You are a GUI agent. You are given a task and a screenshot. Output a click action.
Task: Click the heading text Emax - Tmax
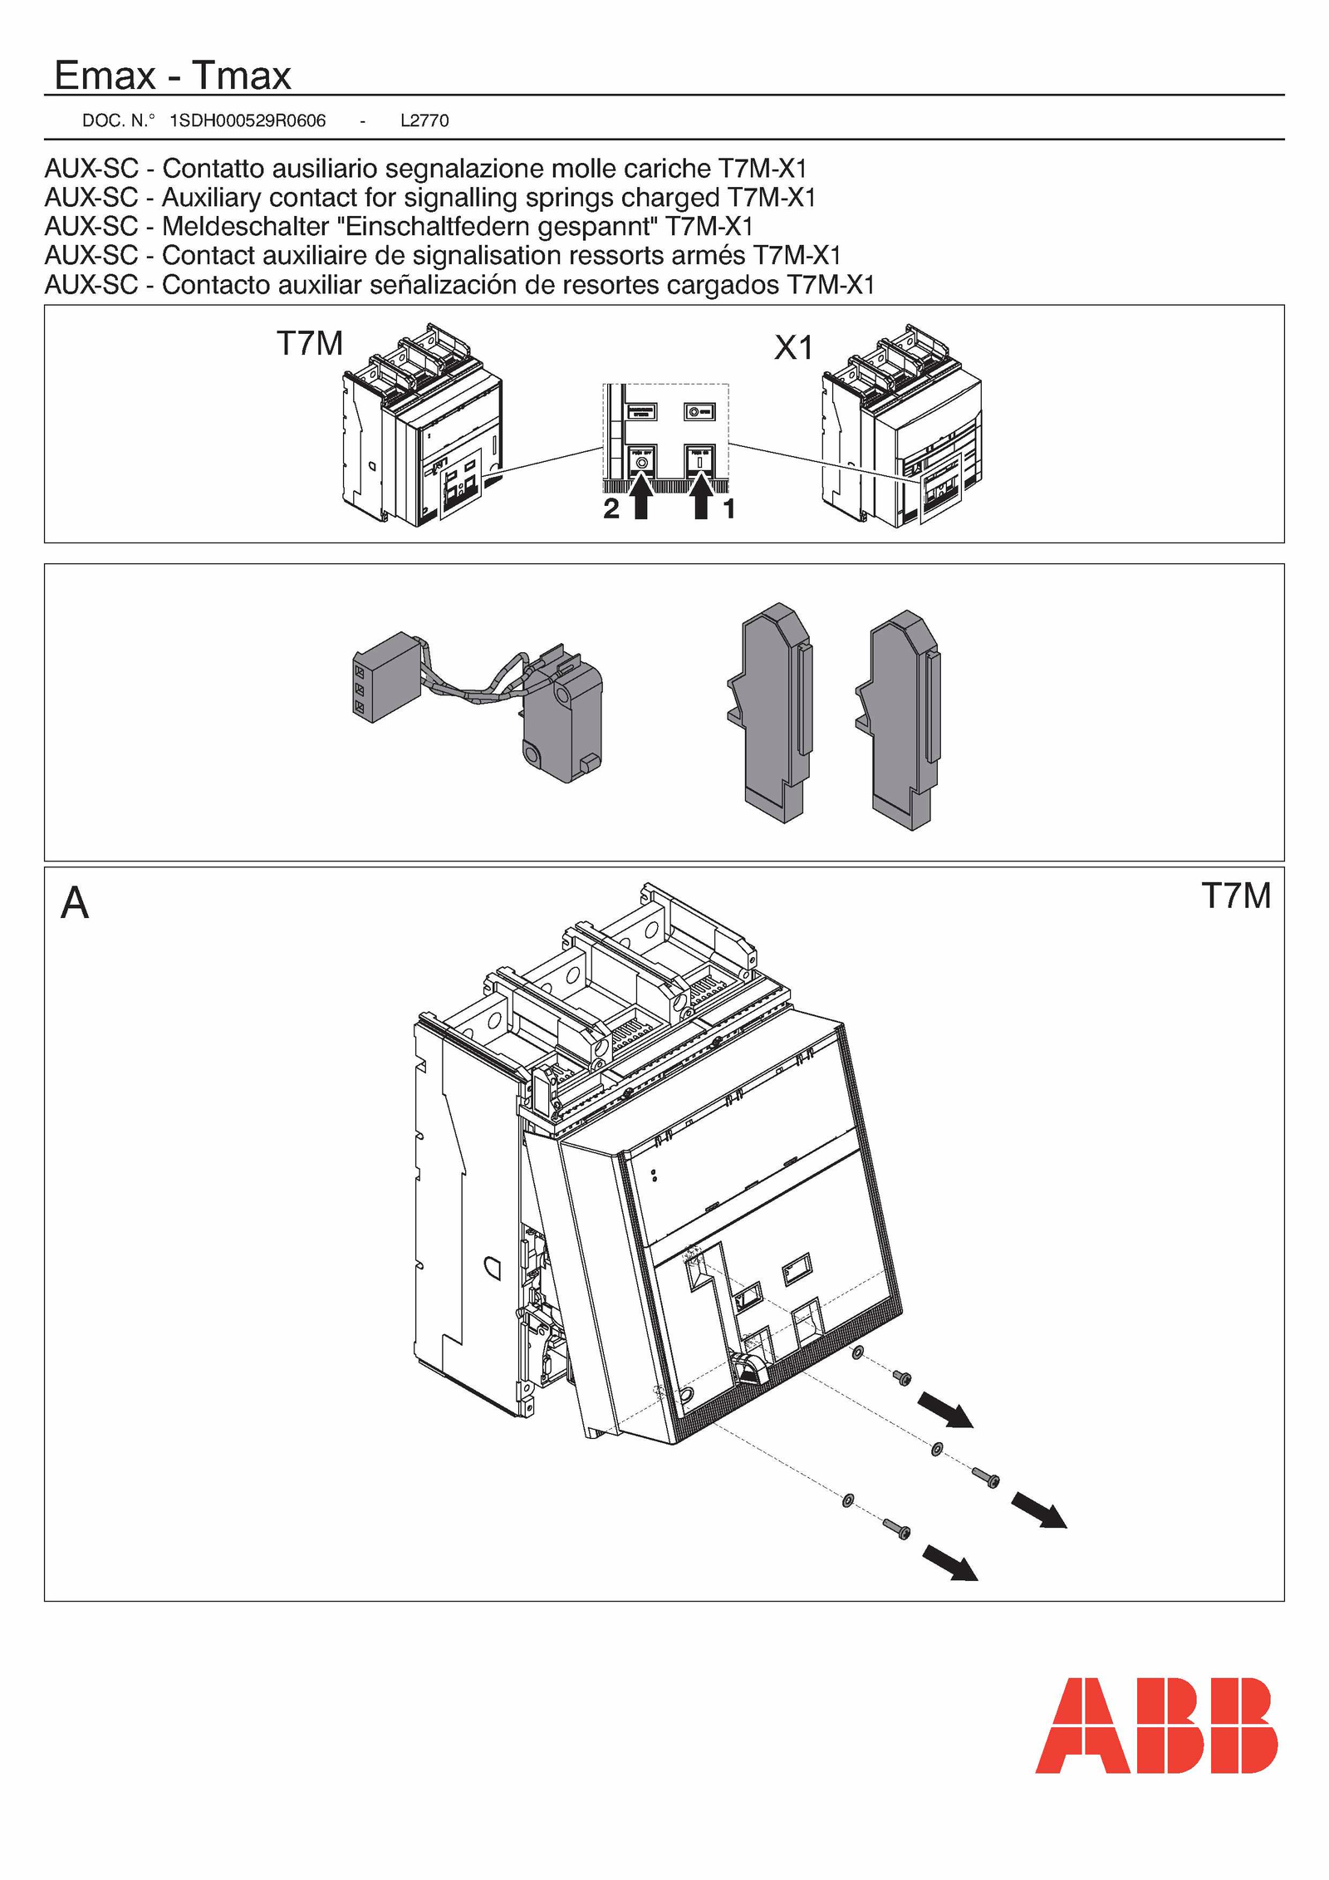172,76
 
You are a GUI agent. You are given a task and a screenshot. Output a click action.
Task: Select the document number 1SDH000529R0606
248,120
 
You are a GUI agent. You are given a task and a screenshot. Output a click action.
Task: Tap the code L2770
424,120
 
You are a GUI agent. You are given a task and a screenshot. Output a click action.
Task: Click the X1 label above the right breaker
793,347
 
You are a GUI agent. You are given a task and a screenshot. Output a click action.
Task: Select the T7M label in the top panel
310,343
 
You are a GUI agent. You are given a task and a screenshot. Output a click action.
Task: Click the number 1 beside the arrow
729,508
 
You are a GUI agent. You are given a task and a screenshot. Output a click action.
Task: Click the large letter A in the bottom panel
75,903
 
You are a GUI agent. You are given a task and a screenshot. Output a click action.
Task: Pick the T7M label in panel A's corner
1236,896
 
